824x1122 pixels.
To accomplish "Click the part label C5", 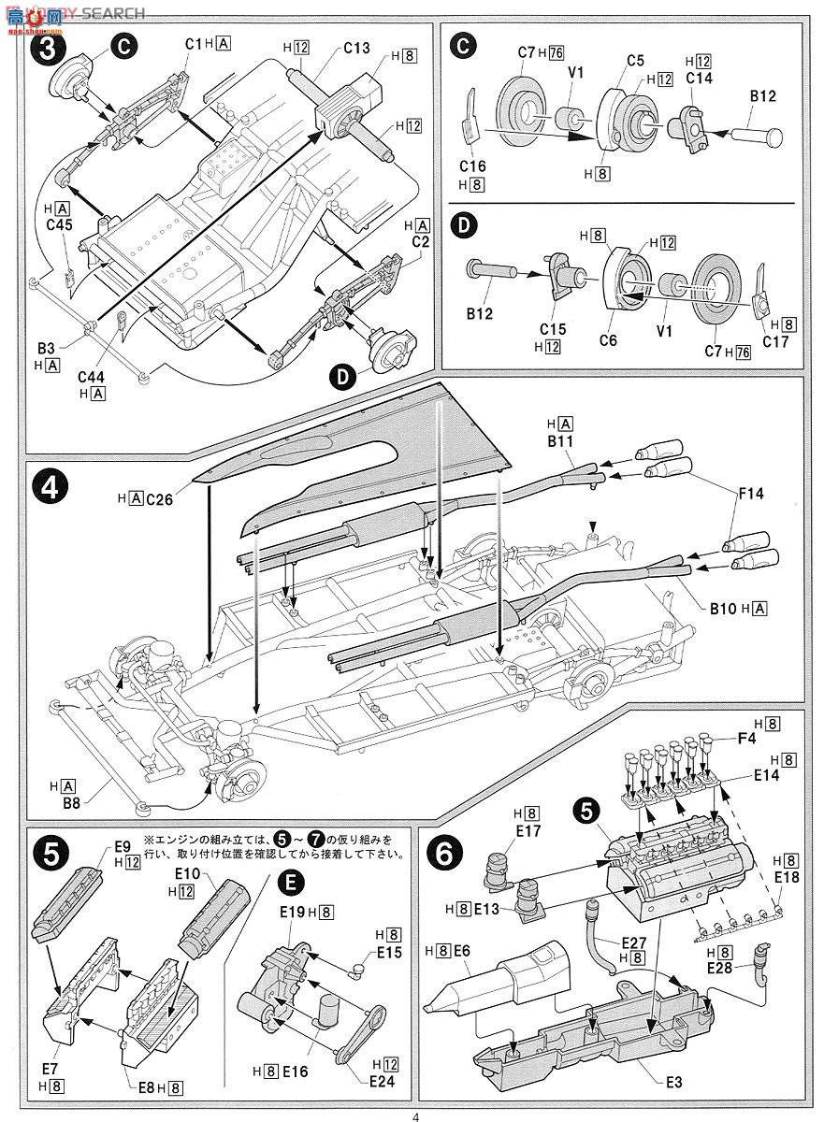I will [636, 61].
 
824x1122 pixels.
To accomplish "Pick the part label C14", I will [699, 79].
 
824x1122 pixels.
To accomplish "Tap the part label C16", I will [473, 165].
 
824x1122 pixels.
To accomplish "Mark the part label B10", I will [723, 609].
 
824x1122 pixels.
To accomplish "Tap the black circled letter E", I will [293, 881].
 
